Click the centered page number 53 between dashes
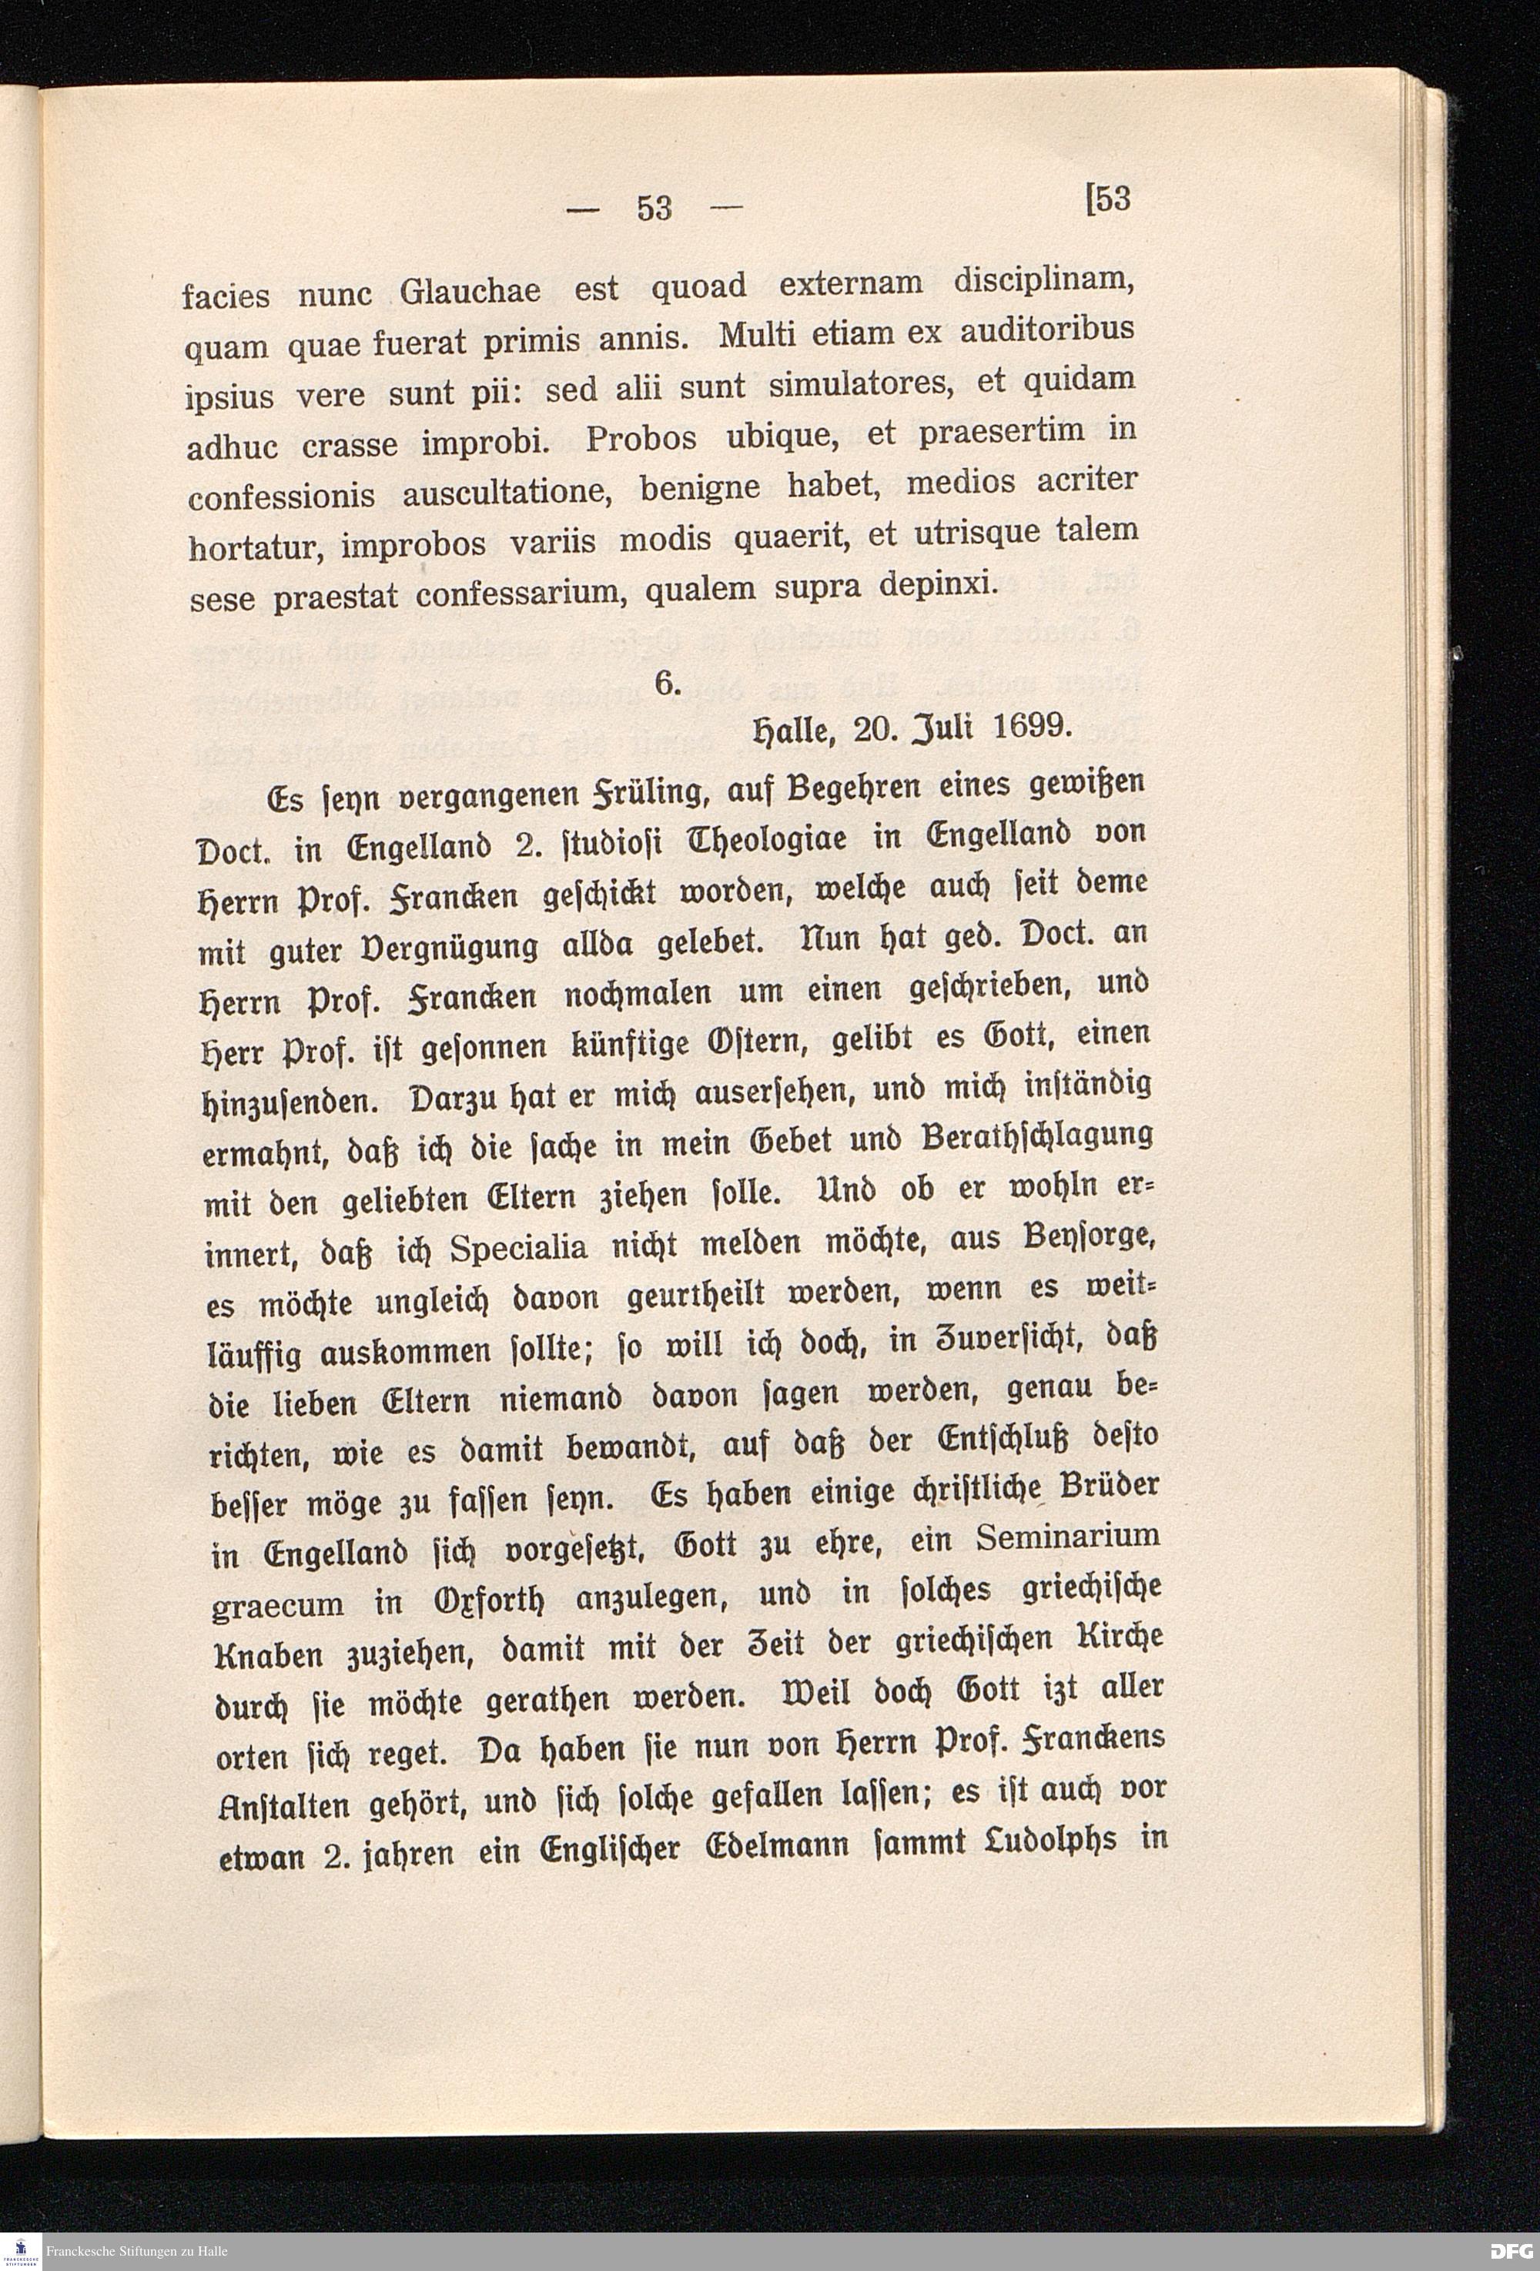coord(654,208)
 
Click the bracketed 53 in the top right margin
coord(1108,199)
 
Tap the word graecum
coord(277,1604)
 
